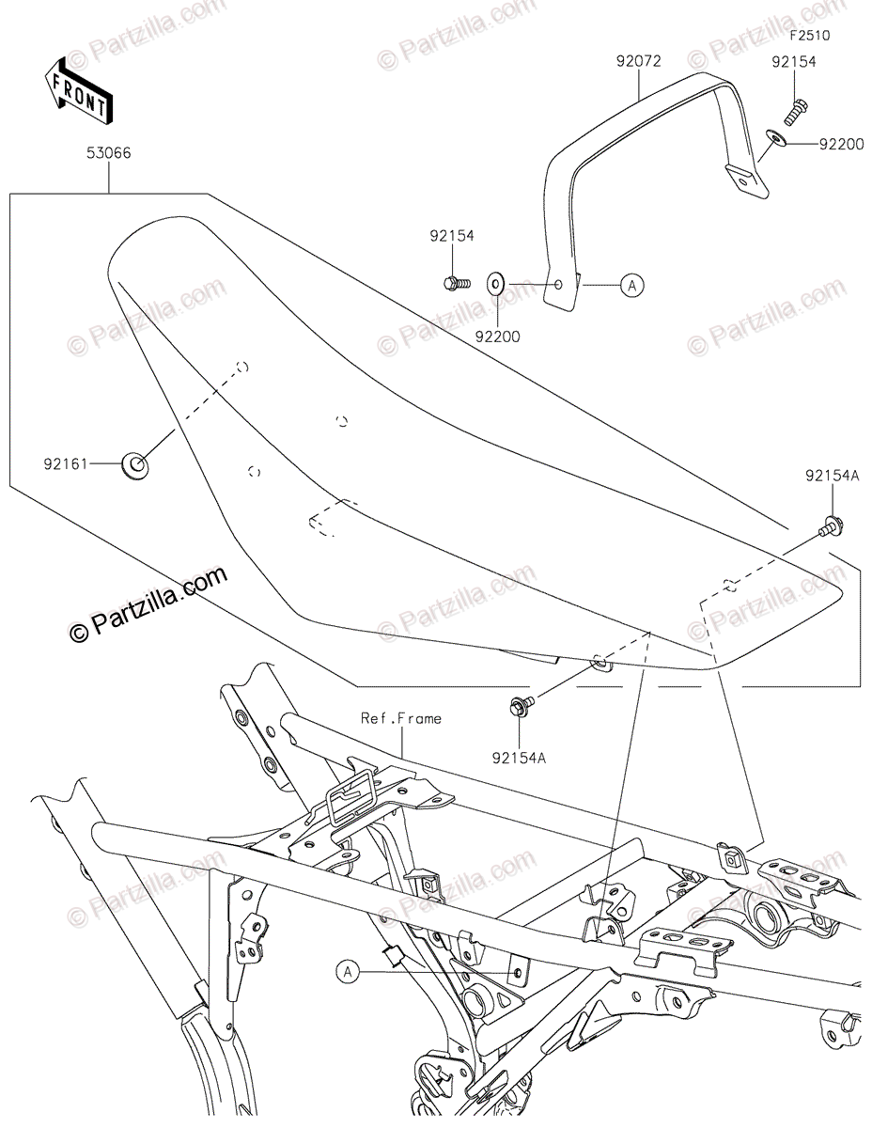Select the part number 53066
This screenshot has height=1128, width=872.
tap(110, 153)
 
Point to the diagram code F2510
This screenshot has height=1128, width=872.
tap(809, 37)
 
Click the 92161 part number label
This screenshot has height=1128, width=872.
tap(63, 462)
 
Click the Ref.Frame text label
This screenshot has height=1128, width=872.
tap(401, 719)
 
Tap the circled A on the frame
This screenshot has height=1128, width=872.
tap(348, 972)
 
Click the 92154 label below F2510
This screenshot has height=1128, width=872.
tap(794, 62)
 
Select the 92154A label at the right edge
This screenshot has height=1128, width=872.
tap(832, 477)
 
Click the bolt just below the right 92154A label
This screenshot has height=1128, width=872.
tap(832, 527)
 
